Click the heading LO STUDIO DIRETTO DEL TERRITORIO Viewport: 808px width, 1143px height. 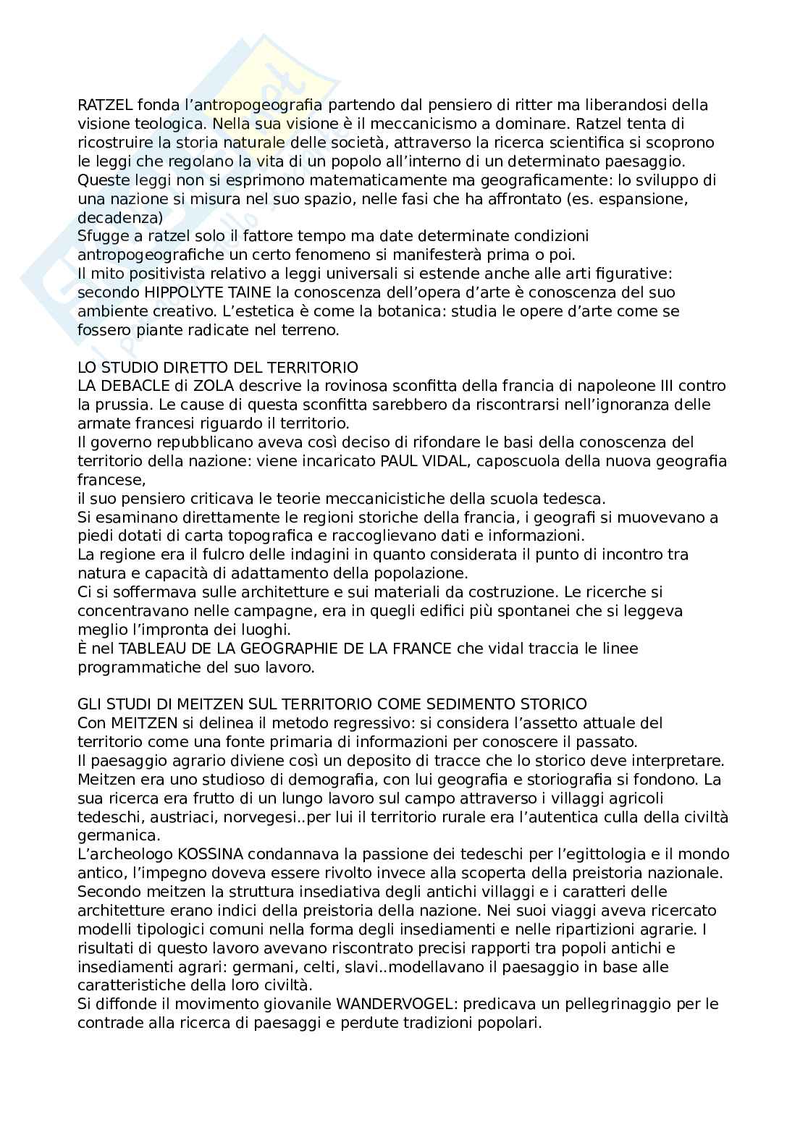[x=218, y=367]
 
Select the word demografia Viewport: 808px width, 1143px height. [x=302, y=780]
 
